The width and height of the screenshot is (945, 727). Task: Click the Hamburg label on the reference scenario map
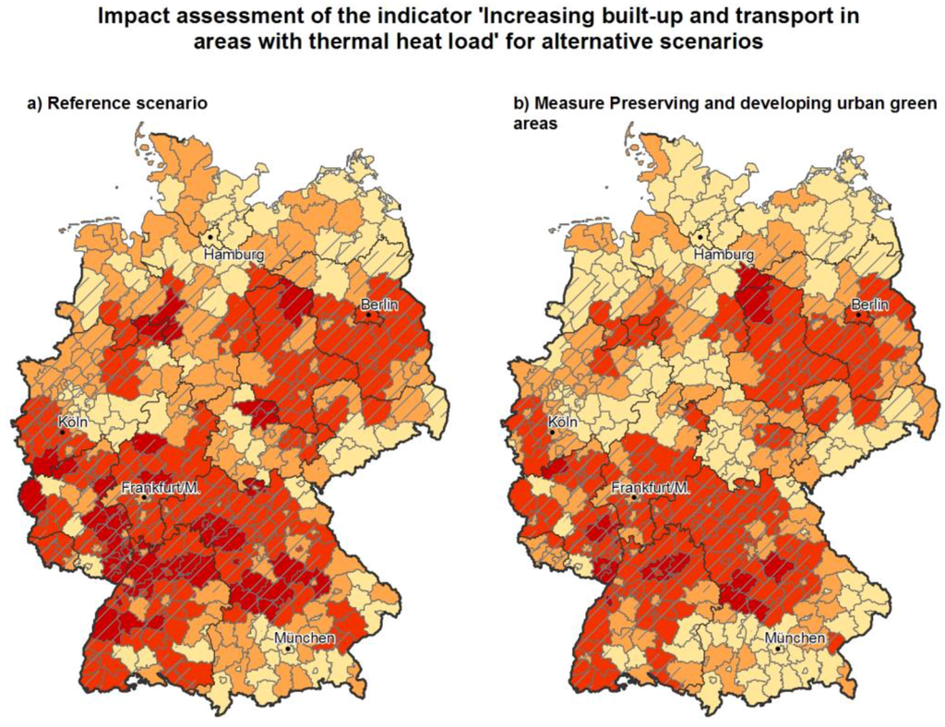click(x=234, y=255)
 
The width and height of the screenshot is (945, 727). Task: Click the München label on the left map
click(x=304, y=638)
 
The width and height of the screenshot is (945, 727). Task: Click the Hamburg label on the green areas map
click(x=724, y=255)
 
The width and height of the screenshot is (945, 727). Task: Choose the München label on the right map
click(x=794, y=638)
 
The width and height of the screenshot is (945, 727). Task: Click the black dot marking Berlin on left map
click(x=368, y=316)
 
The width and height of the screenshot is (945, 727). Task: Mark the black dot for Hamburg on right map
click(x=700, y=237)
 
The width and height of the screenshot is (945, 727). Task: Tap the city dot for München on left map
click(x=289, y=650)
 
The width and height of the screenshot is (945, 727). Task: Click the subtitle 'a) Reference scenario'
click(x=116, y=103)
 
